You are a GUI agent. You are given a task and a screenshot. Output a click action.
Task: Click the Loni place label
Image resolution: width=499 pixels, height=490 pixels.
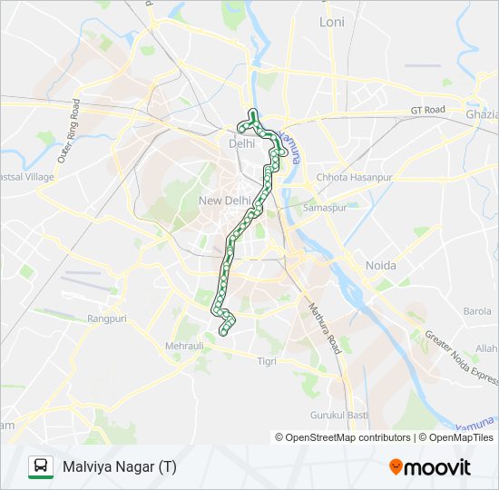[x=332, y=21]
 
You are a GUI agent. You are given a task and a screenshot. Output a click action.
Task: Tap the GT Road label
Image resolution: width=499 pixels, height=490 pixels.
[x=427, y=110]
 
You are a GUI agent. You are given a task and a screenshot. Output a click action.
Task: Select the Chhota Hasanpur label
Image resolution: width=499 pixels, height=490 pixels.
[x=355, y=178]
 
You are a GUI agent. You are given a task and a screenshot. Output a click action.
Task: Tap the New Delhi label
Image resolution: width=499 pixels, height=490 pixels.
[x=224, y=201]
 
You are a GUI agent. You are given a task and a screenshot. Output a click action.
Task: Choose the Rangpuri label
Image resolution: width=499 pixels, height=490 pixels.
[x=106, y=318]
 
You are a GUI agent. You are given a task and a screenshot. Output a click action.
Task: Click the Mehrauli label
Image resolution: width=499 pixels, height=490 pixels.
[x=185, y=347]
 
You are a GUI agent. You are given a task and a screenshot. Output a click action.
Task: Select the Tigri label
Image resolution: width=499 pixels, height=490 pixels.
[x=267, y=361]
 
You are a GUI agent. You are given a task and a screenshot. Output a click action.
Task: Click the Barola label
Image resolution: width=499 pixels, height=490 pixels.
[x=477, y=310]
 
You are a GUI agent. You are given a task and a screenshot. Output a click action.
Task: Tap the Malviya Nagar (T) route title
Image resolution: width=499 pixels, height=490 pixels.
[x=120, y=467]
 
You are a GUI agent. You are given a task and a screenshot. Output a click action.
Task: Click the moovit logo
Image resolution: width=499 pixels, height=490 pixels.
[x=430, y=467]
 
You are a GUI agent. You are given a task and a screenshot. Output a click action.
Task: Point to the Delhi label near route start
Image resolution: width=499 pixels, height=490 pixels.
[x=242, y=143]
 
